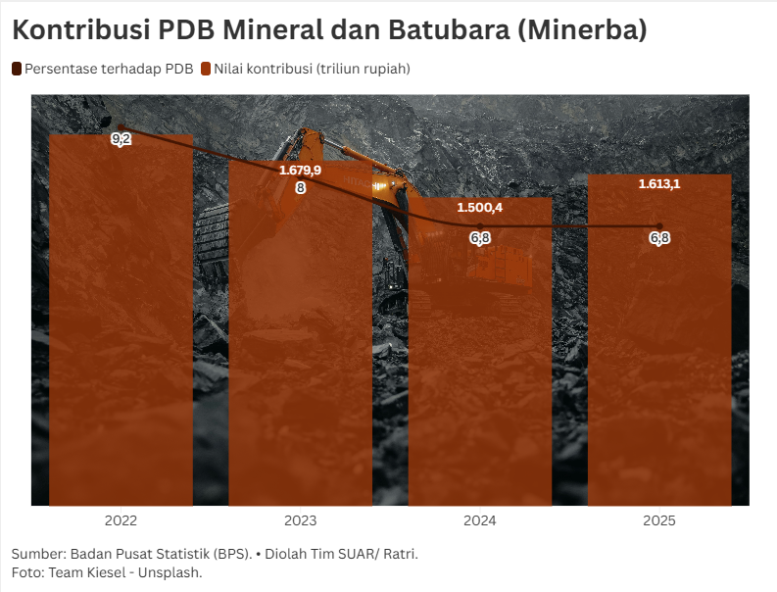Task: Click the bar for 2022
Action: click(x=121, y=323)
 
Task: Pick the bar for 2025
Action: click(x=659, y=343)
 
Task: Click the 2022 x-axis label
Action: click(x=121, y=520)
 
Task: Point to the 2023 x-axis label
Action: click(x=300, y=520)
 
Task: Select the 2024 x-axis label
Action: click(x=480, y=520)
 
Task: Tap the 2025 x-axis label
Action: click(x=659, y=520)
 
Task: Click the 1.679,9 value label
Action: click(x=300, y=170)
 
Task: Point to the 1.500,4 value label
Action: click(x=480, y=208)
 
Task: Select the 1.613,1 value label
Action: click(x=659, y=183)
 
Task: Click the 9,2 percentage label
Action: click(x=121, y=140)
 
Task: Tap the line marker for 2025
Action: click(x=659, y=226)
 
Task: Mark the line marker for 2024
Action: click(x=480, y=226)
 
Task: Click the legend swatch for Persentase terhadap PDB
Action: click(x=17, y=69)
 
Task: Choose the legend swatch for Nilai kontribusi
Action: click(x=206, y=69)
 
